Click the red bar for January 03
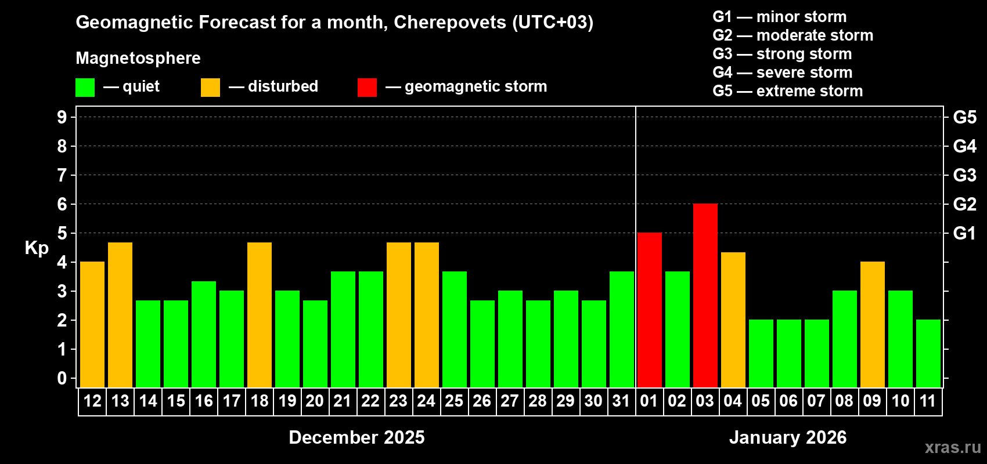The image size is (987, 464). point(705,296)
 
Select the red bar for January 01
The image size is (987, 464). point(649,310)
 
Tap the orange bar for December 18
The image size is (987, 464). point(260,315)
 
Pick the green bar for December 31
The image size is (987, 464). point(621,329)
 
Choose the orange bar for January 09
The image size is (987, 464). point(872,325)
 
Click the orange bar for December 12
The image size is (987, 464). point(92,325)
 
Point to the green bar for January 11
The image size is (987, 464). point(928,354)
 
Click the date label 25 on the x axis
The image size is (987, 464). point(454,401)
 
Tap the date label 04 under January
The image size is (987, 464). point(733,401)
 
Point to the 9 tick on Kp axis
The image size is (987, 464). point(62,117)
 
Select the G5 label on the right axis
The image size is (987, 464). point(964,117)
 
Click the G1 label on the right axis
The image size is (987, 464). point(964,233)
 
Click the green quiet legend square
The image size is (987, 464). point(85,88)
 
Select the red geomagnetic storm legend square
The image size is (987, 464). point(367,88)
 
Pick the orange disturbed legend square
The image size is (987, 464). point(210,88)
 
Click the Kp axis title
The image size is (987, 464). point(37,248)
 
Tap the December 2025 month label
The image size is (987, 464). point(356,437)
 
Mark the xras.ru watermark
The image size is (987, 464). point(953,447)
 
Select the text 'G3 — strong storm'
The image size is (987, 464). point(782,54)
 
